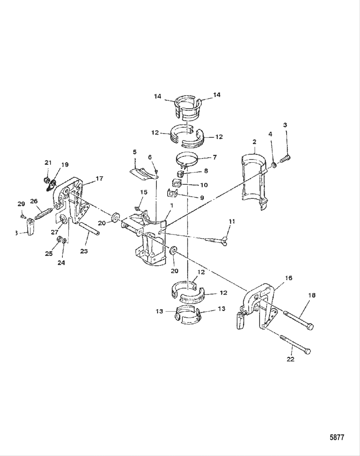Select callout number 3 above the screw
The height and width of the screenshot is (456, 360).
pyautogui.click(x=285, y=125)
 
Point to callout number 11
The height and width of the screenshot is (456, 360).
pyautogui.click(x=232, y=221)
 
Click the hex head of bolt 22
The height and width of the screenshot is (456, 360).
pyautogui.click(x=307, y=352)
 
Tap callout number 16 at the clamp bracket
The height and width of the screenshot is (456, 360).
pyautogui.click(x=289, y=278)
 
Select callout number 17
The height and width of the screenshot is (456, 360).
pyautogui.click(x=100, y=178)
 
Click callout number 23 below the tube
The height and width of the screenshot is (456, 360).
pyautogui.click(x=84, y=251)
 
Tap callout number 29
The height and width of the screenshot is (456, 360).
pyautogui.click(x=21, y=204)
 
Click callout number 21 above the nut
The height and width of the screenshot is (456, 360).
pyautogui.click(x=48, y=163)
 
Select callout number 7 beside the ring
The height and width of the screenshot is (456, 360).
pyautogui.click(x=215, y=157)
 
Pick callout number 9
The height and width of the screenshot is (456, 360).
pyautogui.click(x=202, y=198)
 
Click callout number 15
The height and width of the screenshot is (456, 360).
pyautogui.click(x=143, y=192)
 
